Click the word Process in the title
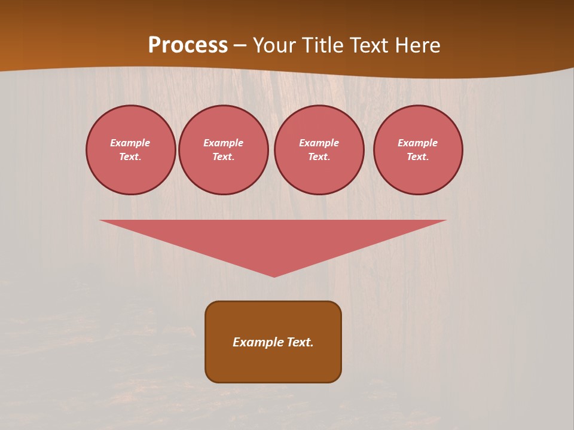[188, 45]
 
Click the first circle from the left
[131, 150]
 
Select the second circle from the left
[224, 150]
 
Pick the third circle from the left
[319, 150]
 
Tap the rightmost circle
[418, 150]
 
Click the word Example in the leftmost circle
[130, 143]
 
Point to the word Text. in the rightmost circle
[418, 157]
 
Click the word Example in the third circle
[319, 143]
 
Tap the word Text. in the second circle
[224, 157]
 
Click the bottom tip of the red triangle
[274, 276]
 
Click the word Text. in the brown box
[300, 342]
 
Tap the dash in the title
[240, 46]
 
